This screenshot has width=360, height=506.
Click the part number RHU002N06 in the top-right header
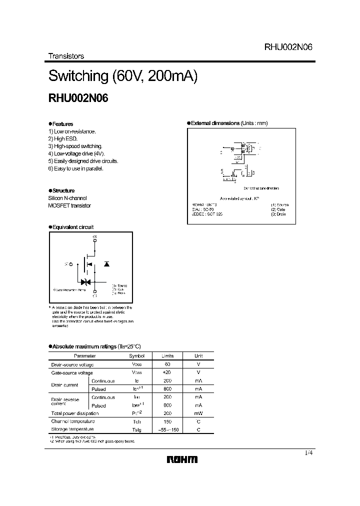coord(288,47)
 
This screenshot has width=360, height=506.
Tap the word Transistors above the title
coord(66,56)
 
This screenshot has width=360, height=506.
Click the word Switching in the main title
coord(78,76)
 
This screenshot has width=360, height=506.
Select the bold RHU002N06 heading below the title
coord(78,98)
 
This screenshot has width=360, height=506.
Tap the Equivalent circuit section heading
coord(72,227)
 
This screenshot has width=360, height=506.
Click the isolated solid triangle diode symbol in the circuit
coord(106,263)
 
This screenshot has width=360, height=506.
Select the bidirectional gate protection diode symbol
coord(83,282)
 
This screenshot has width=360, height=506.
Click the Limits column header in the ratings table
coord(167,356)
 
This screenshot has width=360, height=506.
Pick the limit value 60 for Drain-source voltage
coord(167,364)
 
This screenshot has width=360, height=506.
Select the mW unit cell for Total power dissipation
coord(198,413)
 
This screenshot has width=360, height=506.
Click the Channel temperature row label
coord(72,421)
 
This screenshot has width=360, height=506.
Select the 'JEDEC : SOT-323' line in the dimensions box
coord(207,213)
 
